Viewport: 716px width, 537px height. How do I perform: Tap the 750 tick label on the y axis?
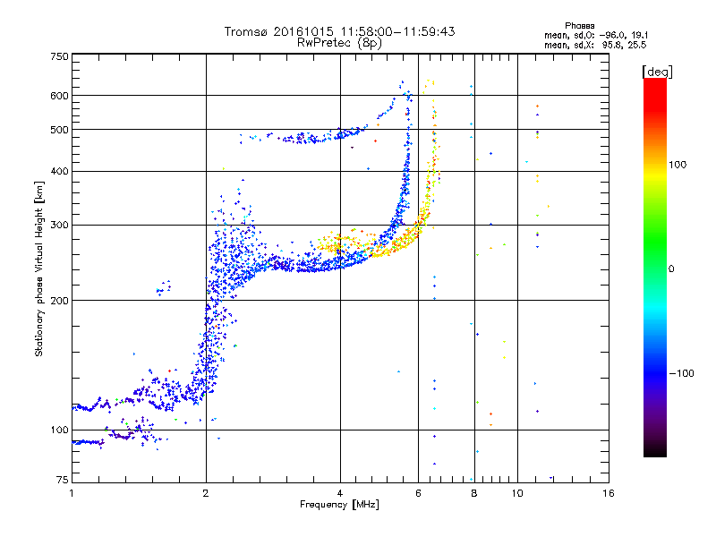tap(60, 56)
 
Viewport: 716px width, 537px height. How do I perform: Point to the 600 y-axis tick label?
tap(60, 96)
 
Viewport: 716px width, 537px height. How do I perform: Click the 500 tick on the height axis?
tap(60, 130)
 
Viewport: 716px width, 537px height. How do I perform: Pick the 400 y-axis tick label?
tap(60, 171)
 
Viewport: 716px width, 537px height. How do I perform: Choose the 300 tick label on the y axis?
tap(60, 225)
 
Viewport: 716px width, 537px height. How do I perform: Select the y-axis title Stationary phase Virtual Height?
tap(39, 268)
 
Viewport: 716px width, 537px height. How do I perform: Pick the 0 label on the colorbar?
tap(670, 268)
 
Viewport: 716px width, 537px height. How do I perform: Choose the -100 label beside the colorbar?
tap(682, 373)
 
